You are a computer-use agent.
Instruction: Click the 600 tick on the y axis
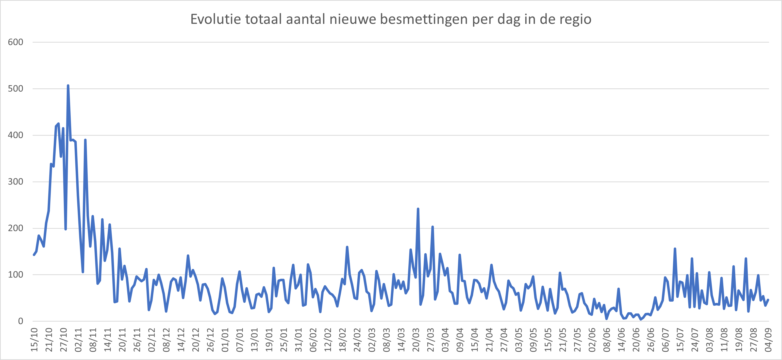coord(16,42)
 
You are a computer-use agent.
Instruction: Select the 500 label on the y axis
coord(16,89)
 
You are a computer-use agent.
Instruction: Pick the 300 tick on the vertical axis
coord(16,181)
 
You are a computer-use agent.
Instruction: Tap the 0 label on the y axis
coord(21,321)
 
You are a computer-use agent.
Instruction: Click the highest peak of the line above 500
coord(68,86)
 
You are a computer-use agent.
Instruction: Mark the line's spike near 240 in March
coord(418,209)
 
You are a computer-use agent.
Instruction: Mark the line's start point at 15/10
coord(34,255)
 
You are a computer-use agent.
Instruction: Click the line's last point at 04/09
coord(768,300)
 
